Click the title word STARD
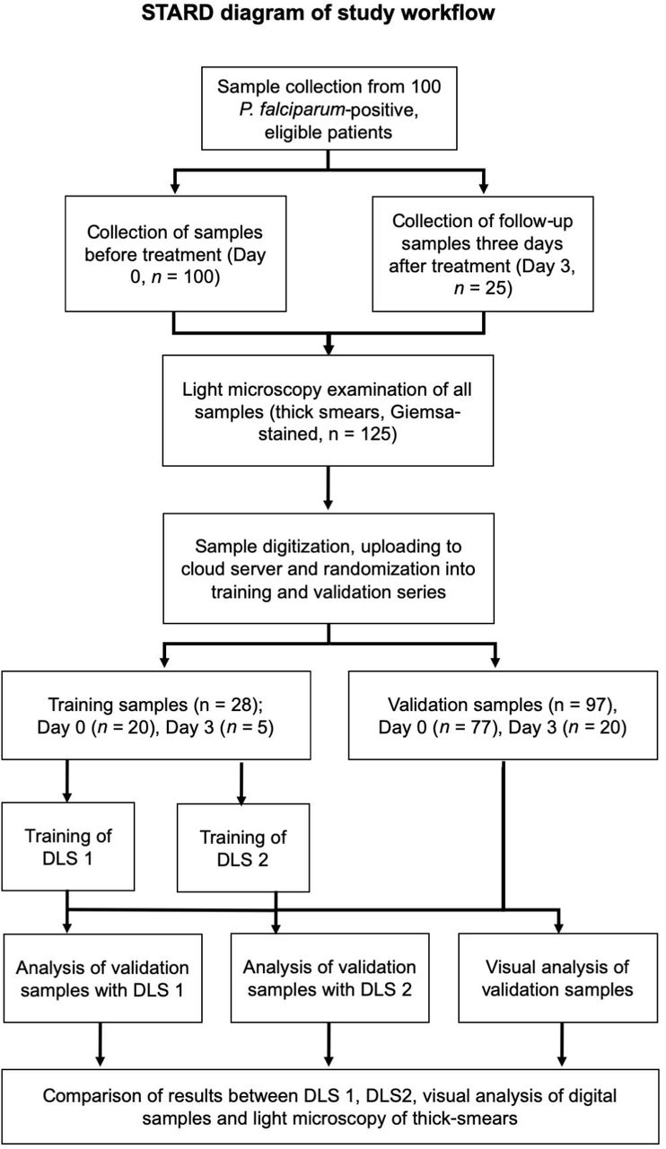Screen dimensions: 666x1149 pyautogui.click(x=177, y=13)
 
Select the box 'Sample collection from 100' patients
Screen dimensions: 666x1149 pyautogui.click(x=329, y=109)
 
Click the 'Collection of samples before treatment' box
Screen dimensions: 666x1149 pyautogui.click(x=176, y=253)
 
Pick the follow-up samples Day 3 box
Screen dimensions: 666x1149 pyautogui.click(x=483, y=253)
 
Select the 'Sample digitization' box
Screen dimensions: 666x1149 pyautogui.click(x=329, y=568)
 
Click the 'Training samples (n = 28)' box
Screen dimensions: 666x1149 pyautogui.click(x=156, y=715)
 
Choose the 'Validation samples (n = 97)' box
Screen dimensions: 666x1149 pyautogui.click(x=503, y=715)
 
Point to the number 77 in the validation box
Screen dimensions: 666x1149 pyautogui.click(x=481, y=727)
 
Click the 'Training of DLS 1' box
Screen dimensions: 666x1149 pyautogui.click(x=68, y=846)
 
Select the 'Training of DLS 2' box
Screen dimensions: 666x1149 pyautogui.click(x=243, y=847)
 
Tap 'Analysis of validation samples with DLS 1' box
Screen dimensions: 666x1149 pyautogui.click(x=102, y=978)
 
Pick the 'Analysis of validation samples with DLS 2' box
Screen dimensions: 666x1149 pyautogui.click(x=330, y=978)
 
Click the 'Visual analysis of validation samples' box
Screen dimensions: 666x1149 pyautogui.click(x=557, y=978)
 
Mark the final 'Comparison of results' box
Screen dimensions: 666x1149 pyautogui.click(x=330, y=1107)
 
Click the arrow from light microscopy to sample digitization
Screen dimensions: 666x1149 pyautogui.click(x=329, y=487)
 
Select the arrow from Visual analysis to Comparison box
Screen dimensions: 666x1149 pyautogui.click(x=562, y=1044)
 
